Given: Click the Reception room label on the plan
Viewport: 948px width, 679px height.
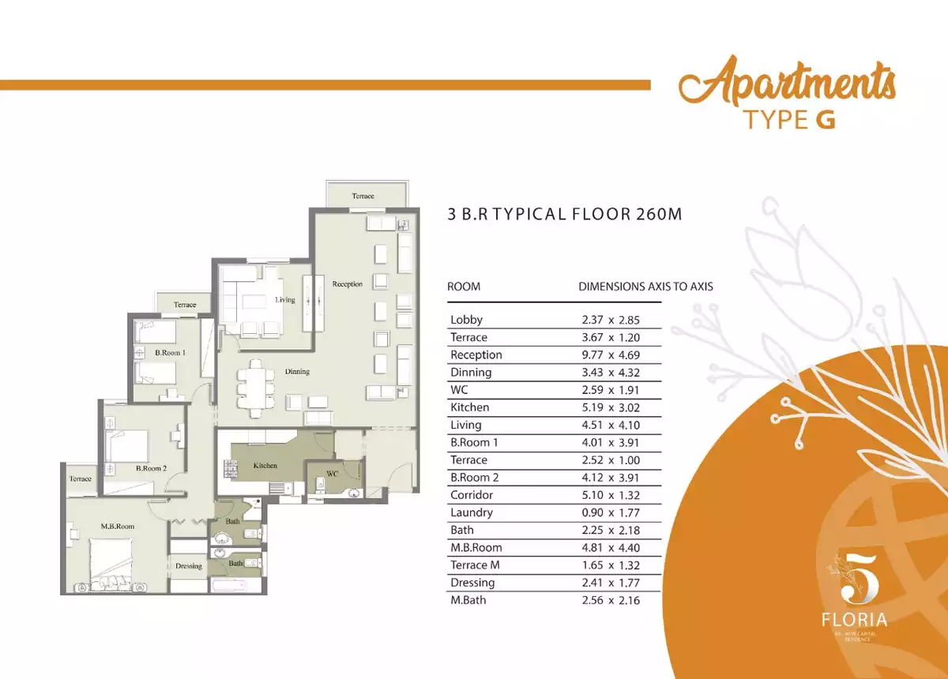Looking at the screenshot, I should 348,284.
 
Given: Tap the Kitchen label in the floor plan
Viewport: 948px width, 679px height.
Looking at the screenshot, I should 265,466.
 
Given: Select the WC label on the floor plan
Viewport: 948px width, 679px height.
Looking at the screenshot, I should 332,474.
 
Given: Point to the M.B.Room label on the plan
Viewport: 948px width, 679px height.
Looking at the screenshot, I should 117,526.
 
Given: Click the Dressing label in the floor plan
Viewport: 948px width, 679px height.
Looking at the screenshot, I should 189,565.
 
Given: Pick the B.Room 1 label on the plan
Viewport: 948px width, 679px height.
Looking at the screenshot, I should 170,353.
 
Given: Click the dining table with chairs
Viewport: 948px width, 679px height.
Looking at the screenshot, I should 255,388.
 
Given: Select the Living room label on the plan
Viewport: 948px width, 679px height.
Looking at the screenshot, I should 285,300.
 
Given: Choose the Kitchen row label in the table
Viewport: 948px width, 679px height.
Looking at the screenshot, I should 469,407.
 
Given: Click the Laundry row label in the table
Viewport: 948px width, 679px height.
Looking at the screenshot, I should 472,512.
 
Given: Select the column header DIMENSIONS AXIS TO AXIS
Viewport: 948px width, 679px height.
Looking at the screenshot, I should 645,287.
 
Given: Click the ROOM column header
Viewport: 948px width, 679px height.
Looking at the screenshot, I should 464,287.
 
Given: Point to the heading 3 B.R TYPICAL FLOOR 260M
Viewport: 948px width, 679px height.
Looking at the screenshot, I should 564,213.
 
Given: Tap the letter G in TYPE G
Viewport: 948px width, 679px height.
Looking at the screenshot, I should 823,120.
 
